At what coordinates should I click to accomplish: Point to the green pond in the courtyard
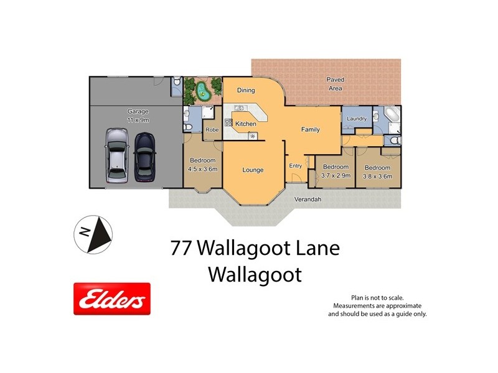(203, 92)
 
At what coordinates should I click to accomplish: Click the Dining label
(246, 90)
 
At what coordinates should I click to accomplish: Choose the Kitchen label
(245, 124)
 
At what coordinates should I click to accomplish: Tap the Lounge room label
(253, 170)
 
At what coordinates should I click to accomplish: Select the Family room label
(311, 130)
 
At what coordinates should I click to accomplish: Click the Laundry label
(356, 118)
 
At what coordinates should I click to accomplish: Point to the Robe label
(212, 131)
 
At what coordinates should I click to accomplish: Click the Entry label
(296, 165)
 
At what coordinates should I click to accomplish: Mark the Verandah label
(308, 200)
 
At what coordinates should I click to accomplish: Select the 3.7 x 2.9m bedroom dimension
(336, 175)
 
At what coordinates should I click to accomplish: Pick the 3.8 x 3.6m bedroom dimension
(377, 176)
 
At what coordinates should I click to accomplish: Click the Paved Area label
(336, 84)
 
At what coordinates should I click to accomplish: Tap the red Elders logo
(112, 299)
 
